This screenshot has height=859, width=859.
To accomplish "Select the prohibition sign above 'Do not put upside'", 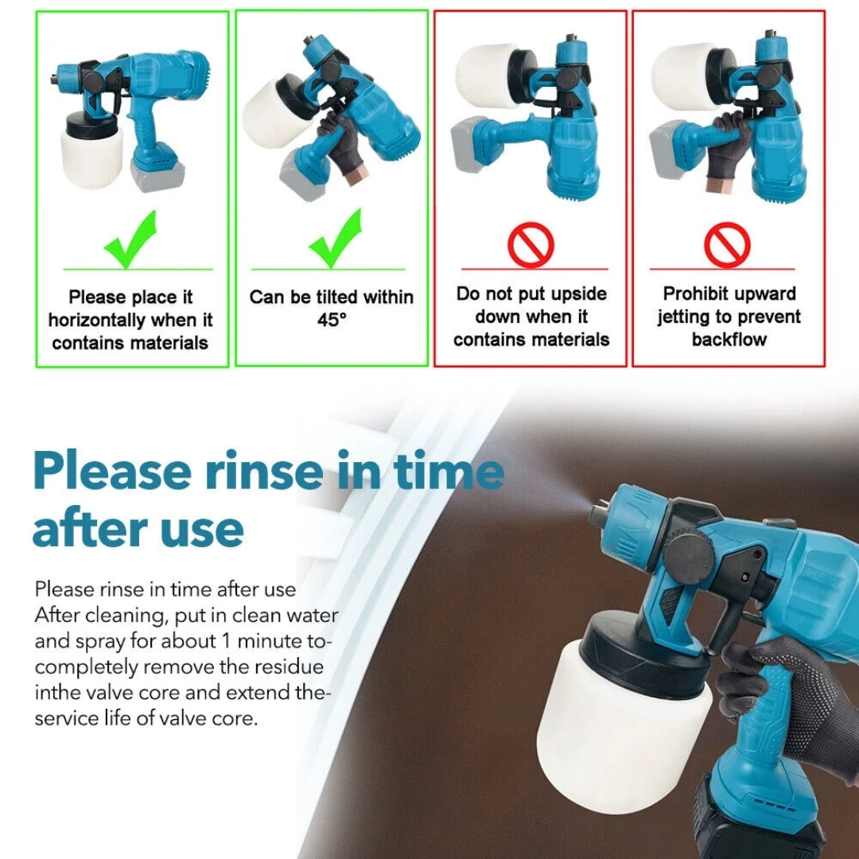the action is tap(531, 245).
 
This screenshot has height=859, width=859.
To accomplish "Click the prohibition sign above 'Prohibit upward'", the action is tap(727, 245).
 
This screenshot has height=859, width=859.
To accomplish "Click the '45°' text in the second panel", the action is tap(332, 320).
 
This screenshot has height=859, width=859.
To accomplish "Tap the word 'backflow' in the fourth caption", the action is tap(729, 340).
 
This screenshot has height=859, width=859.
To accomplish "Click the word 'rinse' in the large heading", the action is tap(264, 471).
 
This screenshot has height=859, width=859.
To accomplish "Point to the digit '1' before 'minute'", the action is tap(226, 641).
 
